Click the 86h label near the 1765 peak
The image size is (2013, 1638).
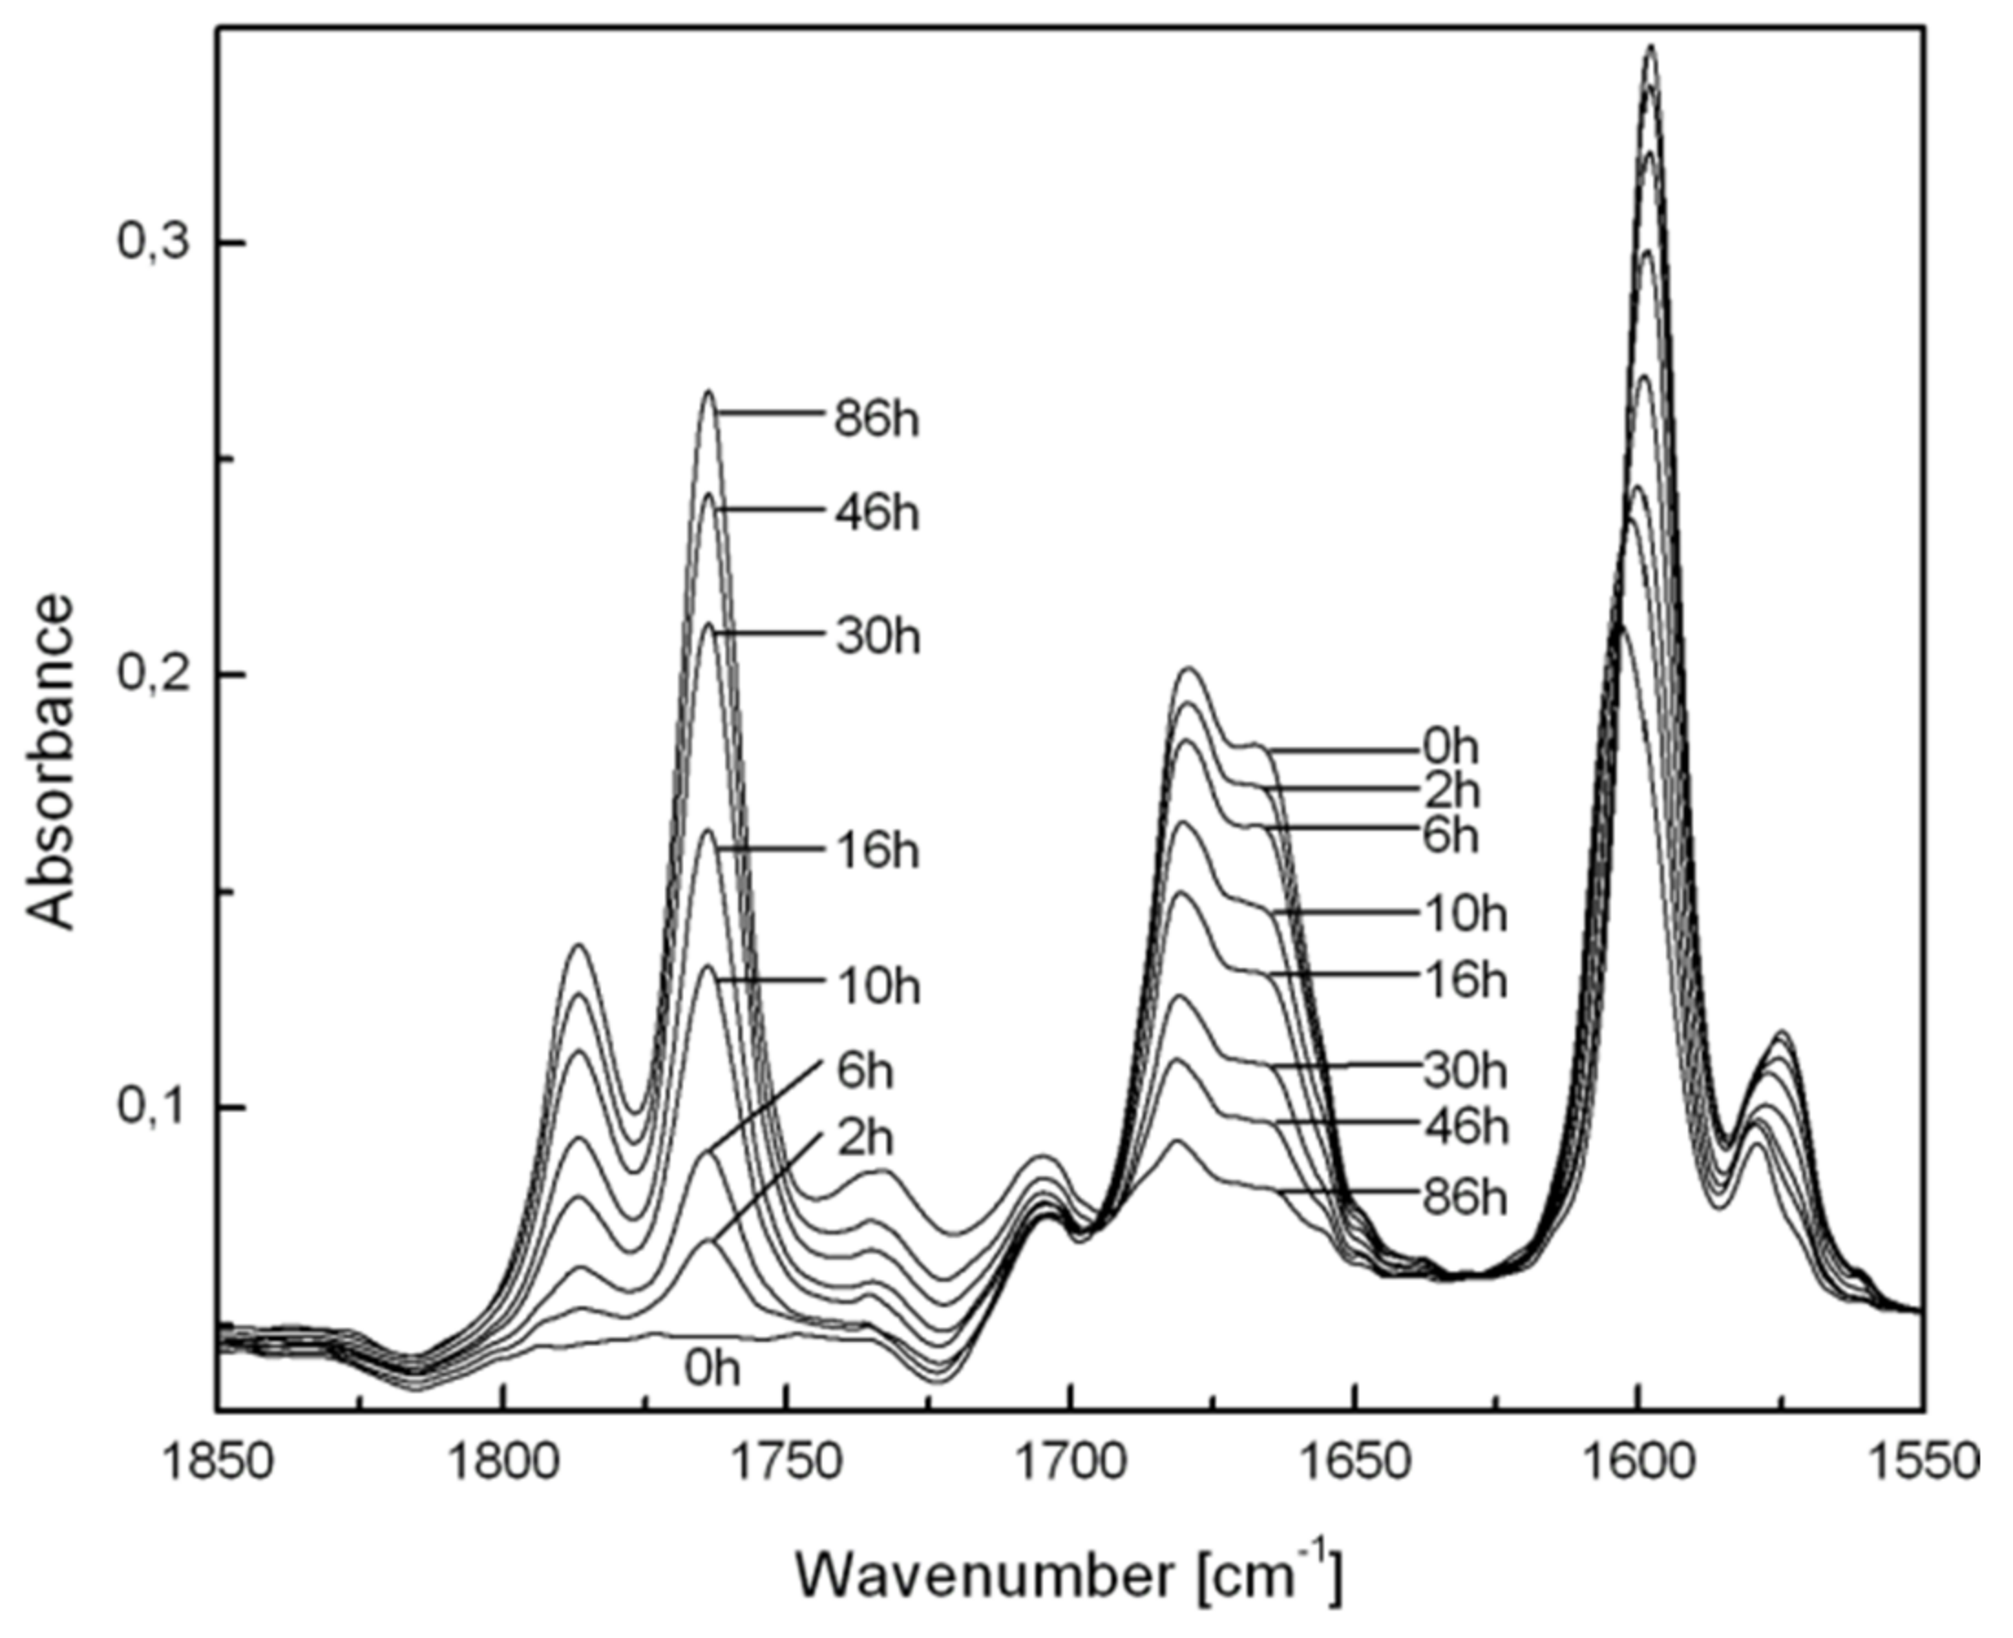click(x=876, y=419)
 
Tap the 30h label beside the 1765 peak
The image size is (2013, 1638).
click(x=878, y=638)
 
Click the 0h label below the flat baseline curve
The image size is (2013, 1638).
click(x=713, y=1368)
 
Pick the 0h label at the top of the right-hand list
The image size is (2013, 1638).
click(x=1450, y=747)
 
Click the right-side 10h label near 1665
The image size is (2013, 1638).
click(x=1465, y=915)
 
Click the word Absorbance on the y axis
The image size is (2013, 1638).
click(x=49, y=761)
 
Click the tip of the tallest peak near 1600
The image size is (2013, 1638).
click(x=1650, y=46)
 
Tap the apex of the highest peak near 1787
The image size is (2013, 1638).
click(x=577, y=944)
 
